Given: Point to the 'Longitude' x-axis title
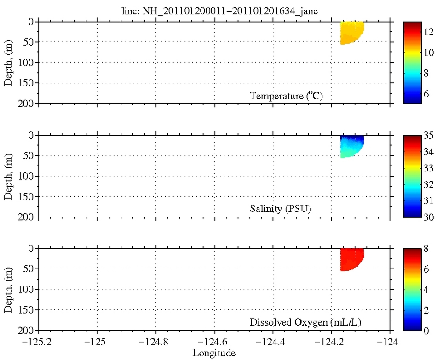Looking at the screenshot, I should [x=214, y=353].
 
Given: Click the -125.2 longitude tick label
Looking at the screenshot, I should [x=38, y=342].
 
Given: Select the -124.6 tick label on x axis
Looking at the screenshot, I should [x=214, y=342].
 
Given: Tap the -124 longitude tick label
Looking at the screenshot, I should [x=391, y=342].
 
